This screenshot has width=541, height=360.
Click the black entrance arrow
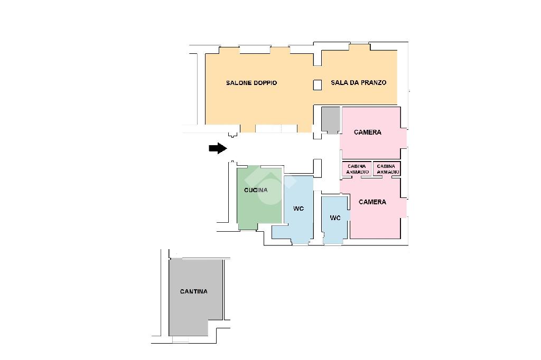pyautogui.click(x=218, y=148)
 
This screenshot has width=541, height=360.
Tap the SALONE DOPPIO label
pyautogui.click(x=251, y=83)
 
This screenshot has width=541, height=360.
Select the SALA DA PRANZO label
pyautogui.click(x=359, y=82)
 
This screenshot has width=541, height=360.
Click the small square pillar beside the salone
pyautogui.click(x=318, y=85)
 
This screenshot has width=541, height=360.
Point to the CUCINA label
pyautogui.click(x=256, y=190)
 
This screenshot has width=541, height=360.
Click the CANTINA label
pyautogui.click(x=193, y=291)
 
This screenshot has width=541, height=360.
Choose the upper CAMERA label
pyautogui.click(x=368, y=132)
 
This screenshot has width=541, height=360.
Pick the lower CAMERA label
pyautogui.click(x=372, y=202)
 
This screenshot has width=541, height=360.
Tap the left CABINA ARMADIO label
pyautogui.click(x=357, y=169)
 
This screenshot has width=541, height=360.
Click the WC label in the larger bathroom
pyautogui.click(x=299, y=209)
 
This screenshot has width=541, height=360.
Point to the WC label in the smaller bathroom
pyautogui.click(x=335, y=217)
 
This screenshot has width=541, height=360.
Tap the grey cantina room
pyautogui.click(x=195, y=297)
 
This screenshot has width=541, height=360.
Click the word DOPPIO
pyautogui.click(x=265, y=83)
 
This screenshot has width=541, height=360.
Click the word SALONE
pyautogui.click(x=239, y=83)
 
